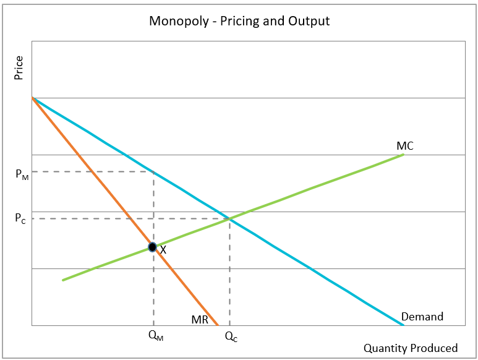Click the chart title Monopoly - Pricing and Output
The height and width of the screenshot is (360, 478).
tap(239, 21)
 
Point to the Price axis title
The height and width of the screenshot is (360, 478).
tap(19, 68)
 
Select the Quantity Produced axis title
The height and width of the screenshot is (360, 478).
tap(410, 348)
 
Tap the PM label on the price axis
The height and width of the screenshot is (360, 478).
tap(21, 174)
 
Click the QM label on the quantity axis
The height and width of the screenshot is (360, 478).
tap(156, 336)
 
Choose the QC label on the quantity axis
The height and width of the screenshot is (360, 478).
tap(230, 336)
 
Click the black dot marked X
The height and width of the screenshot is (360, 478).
tap(153, 247)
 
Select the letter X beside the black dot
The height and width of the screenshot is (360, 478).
tap(163, 250)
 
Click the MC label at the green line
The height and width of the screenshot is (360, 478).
tap(405, 146)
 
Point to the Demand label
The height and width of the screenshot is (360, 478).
tap(422, 317)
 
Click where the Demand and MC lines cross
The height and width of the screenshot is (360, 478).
tap(229, 218)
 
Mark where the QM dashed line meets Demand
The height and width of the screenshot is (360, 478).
tap(153, 171)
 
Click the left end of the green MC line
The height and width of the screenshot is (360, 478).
tap(63, 280)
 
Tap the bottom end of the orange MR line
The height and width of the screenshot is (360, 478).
tap(218, 325)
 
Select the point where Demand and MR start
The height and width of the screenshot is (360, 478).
tap(32, 98)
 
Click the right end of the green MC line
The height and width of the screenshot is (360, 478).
tap(403, 154)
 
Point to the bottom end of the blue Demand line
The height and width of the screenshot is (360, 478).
tap(403, 325)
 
